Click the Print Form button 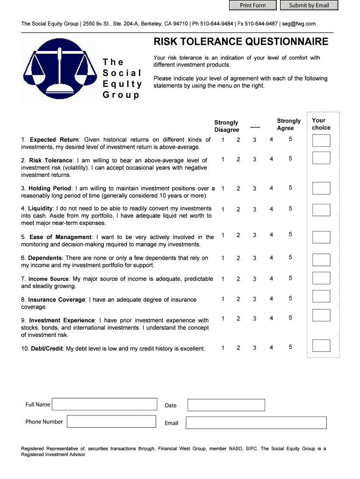tap(252, 6)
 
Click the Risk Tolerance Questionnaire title tap(241, 42)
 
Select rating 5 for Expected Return tap(290, 139)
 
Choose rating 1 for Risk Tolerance tap(223, 159)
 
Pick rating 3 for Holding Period tap(254, 188)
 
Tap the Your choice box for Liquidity tap(321, 210)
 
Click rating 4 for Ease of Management tap(271, 235)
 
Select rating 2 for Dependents tap(238, 258)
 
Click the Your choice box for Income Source tap(321, 278)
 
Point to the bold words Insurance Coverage tap(57, 300)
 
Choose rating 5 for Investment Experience tap(290, 318)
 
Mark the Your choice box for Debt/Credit tap(321, 346)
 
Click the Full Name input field tap(104, 405)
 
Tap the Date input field tap(226, 405)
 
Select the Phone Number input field tap(111, 421)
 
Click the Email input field tap(256, 423)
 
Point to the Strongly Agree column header tap(288, 124)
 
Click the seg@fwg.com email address tap(298, 23)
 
